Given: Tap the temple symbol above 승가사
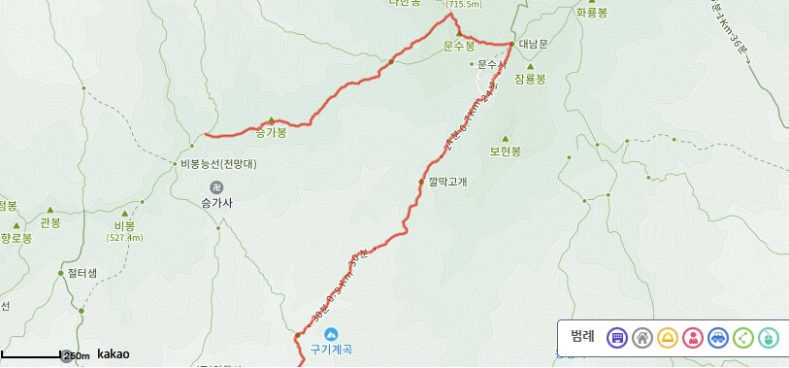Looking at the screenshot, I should point(215,186).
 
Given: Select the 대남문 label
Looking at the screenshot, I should point(534,45).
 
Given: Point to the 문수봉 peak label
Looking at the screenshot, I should point(458,46).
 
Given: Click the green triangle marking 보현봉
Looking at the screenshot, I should point(506,138).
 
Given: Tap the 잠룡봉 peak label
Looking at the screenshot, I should point(531,78).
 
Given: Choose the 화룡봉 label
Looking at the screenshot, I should point(591,13).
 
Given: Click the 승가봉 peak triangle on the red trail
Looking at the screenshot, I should point(271,120).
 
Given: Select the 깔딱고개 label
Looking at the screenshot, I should point(447,182).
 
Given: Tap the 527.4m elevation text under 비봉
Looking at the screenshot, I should point(124,237).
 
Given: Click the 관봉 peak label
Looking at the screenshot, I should point(50,222).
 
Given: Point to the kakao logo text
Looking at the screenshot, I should point(113,354).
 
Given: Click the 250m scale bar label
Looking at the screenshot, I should point(76,355).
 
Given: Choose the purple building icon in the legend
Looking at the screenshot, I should point(616,338).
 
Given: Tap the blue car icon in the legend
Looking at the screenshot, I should point(717,338).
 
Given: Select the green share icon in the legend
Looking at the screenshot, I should point(742,338).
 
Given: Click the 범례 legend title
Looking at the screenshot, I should point(582,337).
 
